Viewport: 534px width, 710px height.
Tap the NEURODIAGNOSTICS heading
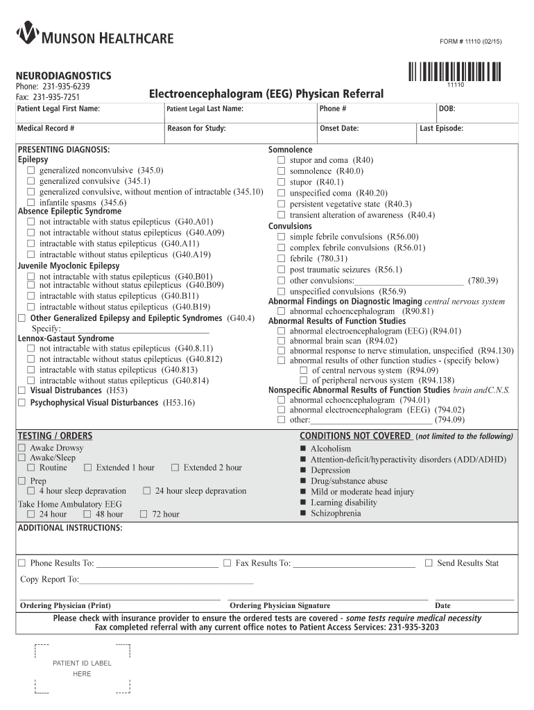click(x=64, y=75)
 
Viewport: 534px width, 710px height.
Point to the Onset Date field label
click(x=339, y=128)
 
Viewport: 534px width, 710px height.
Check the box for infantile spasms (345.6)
click(x=31, y=202)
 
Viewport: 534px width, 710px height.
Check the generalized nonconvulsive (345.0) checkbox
click(x=31, y=171)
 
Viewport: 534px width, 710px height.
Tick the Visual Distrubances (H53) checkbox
click(x=21, y=390)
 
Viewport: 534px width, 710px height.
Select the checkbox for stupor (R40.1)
click(x=281, y=182)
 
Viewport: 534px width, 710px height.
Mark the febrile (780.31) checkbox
click(x=281, y=259)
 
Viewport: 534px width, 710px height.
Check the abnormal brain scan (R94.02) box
click(x=281, y=341)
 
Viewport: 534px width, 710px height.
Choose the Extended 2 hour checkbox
click(x=175, y=467)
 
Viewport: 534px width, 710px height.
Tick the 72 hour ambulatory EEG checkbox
click(x=144, y=514)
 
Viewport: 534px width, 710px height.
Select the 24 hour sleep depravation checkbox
click(x=147, y=491)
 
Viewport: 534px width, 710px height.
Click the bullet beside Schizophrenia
click(x=303, y=513)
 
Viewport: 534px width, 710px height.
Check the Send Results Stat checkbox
click(x=429, y=563)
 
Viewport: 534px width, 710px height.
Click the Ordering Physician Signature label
click(x=279, y=605)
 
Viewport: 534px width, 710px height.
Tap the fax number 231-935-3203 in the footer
click(x=413, y=627)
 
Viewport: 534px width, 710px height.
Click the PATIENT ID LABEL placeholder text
click(x=82, y=664)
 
